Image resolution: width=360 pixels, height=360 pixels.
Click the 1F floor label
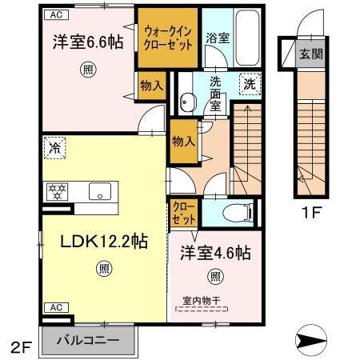pos(312,214)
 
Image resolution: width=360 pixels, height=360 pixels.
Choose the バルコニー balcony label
pos(88,341)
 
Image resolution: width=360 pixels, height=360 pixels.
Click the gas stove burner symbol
pos(58,191)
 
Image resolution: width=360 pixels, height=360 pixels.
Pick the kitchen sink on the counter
pos(101,191)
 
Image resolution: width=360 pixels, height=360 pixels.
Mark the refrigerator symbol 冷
pos(54,147)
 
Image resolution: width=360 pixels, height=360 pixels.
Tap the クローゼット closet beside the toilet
pos(182,212)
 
